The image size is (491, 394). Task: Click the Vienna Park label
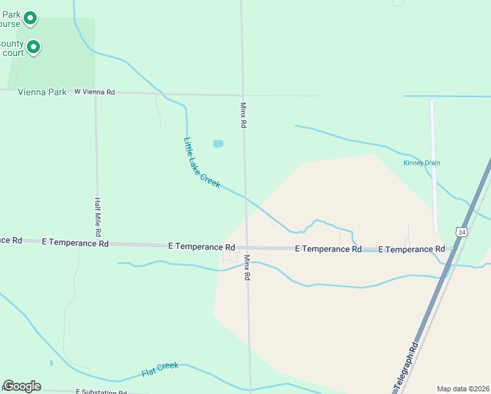(x=43, y=93)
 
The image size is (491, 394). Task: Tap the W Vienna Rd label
(x=95, y=93)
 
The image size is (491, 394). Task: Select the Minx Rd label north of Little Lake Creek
(x=243, y=115)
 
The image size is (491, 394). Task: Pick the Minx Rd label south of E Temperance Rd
(x=248, y=268)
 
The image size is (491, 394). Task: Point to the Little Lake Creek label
(x=202, y=163)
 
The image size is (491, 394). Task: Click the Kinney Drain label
(x=421, y=163)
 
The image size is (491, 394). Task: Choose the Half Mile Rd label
(x=97, y=217)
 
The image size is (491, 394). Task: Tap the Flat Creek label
(x=160, y=370)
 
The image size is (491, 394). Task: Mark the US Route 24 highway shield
(x=462, y=232)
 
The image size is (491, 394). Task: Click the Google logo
(x=22, y=386)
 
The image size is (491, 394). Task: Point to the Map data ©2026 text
(x=462, y=389)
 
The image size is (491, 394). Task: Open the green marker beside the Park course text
(x=30, y=20)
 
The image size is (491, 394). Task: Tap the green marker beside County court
(x=33, y=47)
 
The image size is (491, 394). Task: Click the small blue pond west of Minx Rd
(x=218, y=144)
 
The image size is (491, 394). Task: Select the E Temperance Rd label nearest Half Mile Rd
(x=75, y=243)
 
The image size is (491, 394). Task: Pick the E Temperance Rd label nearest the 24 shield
(x=412, y=250)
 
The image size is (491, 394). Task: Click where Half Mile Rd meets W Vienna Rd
(x=96, y=93)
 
